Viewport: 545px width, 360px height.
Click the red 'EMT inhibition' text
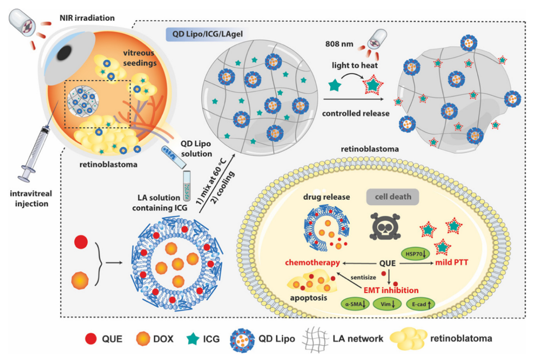coord(391,290)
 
